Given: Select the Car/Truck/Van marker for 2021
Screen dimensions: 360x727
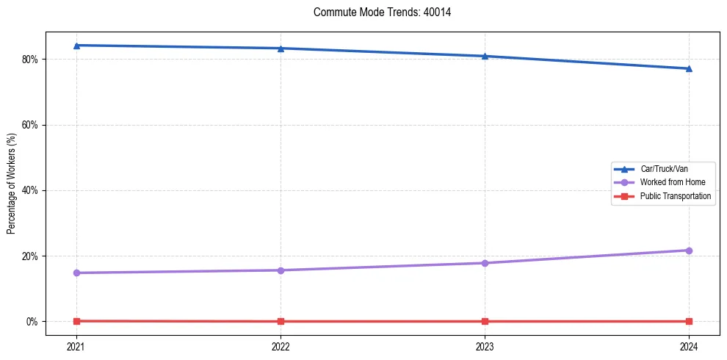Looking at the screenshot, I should (x=76, y=46).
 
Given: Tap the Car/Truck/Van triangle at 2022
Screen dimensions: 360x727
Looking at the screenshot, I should (x=281, y=48).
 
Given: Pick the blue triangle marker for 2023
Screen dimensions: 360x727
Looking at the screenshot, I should (x=485, y=56).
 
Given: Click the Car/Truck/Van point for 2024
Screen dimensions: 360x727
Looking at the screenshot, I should (x=689, y=68).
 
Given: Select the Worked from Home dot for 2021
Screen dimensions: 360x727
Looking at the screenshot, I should (x=76, y=273).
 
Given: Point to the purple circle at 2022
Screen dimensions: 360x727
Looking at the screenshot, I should (x=281, y=270).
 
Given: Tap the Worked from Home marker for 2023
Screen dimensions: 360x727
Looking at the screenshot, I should (x=485, y=263).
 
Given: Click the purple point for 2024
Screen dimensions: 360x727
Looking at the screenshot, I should (x=689, y=251).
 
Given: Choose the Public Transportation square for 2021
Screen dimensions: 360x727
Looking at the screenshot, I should (x=76, y=321).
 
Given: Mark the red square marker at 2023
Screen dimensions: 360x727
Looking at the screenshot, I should (x=485, y=322).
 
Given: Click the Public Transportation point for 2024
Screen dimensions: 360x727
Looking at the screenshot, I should (x=689, y=322).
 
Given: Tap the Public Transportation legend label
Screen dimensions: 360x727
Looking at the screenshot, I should (x=675, y=196).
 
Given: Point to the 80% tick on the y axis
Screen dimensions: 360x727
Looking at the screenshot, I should (x=31, y=60).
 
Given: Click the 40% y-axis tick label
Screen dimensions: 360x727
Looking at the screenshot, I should (x=31, y=190).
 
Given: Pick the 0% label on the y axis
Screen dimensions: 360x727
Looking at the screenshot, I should (x=33, y=322).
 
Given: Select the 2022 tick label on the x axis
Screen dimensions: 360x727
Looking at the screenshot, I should (x=281, y=346).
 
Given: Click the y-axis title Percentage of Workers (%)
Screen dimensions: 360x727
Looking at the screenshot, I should (x=12, y=183).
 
